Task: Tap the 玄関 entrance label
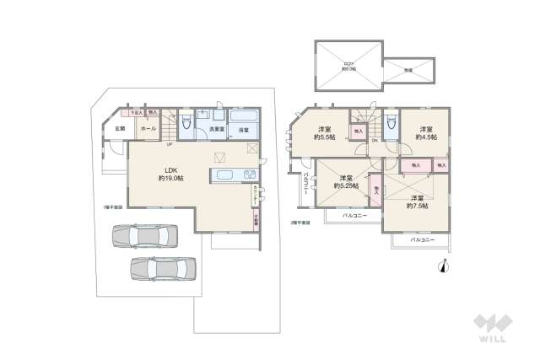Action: [120, 129]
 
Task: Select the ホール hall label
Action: [147, 129]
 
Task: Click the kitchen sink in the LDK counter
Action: [250, 175]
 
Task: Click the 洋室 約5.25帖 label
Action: [345, 181]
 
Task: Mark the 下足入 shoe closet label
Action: [134, 112]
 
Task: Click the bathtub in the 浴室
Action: [245, 117]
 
